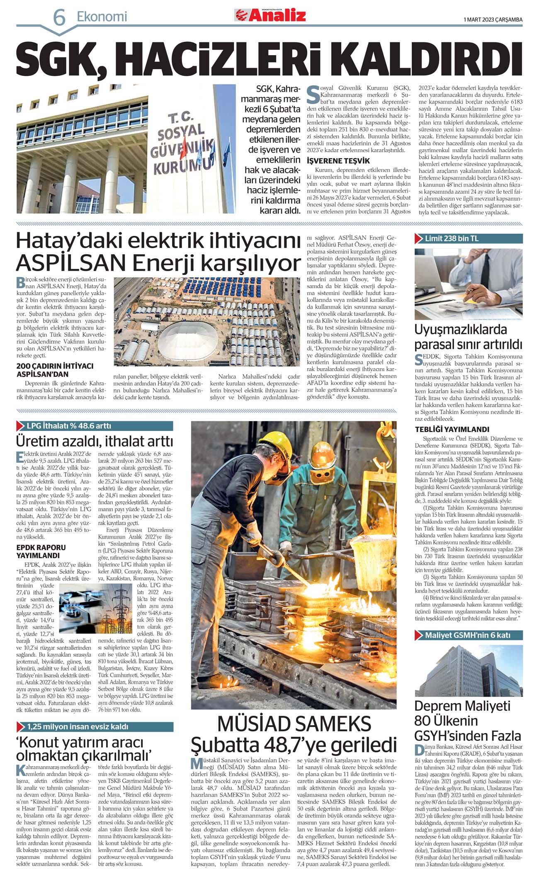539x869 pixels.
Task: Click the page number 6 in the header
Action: pos(59,17)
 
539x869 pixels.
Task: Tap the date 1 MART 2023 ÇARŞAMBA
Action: pos(493,19)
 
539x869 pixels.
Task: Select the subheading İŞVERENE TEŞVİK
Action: pos(338,160)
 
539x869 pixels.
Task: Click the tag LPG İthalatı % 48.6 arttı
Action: pos(68,426)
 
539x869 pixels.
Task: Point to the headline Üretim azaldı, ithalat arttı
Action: pos(95,441)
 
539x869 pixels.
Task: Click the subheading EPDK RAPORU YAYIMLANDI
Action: pos(41,551)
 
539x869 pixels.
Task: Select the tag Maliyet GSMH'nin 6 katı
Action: pos(467,635)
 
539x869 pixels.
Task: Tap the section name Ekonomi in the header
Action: pos(102,17)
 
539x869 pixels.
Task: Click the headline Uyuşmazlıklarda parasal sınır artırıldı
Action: pos(468,337)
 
